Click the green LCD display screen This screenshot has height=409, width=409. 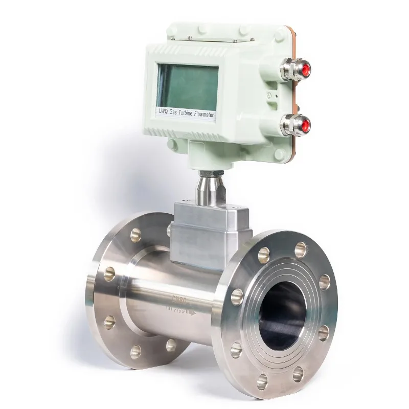click(187, 87)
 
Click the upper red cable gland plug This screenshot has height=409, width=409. click(305, 71)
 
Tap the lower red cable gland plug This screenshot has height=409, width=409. click(305, 125)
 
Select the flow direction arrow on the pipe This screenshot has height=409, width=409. click(191, 311)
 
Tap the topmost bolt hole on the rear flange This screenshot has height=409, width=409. click(135, 235)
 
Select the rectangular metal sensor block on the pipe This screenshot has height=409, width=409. click(210, 233)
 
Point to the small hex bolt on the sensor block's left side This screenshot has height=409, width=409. click(169, 231)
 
